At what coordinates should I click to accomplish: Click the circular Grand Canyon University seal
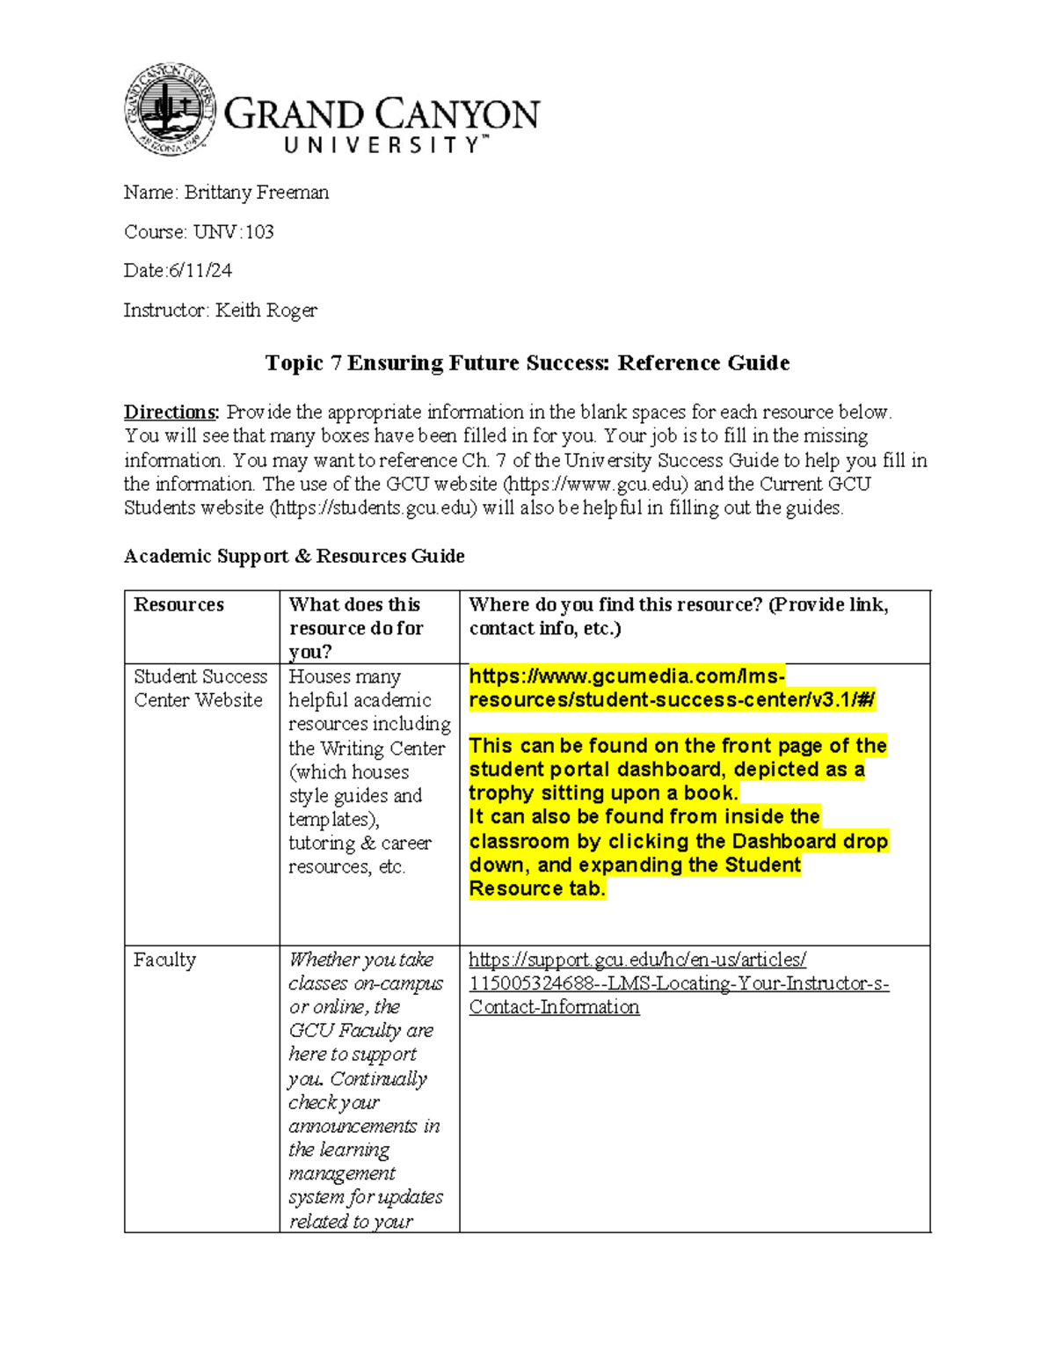[170, 110]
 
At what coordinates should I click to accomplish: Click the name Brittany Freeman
[256, 193]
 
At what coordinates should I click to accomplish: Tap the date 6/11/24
[200, 271]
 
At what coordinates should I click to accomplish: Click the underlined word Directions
[171, 413]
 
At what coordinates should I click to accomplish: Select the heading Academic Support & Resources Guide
[294, 556]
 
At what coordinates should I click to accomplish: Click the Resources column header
[178, 605]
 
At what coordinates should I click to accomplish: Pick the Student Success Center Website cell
[200, 689]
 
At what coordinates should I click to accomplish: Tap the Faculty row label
[164, 960]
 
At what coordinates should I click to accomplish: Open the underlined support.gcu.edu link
[678, 983]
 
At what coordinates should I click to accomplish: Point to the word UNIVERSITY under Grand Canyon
[382, 146]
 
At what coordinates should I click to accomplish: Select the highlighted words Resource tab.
[537, 889]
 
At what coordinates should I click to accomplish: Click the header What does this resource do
[355, 617]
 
